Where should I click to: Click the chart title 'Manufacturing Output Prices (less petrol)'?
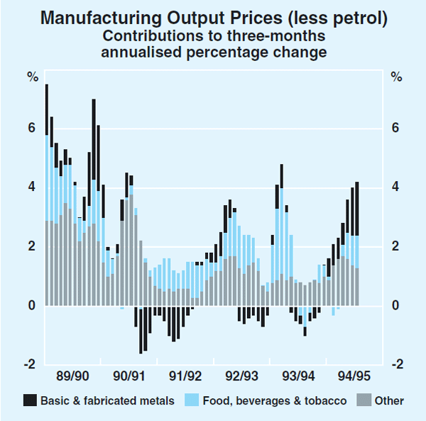[214, 18]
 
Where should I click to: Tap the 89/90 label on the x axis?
[72, 375]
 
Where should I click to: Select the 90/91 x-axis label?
[130, 375]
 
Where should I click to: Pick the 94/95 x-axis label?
[351, 375]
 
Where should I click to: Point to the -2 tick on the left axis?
[29, 364]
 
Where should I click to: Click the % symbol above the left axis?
[32, 76]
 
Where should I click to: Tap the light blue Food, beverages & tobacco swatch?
[191, 400]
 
